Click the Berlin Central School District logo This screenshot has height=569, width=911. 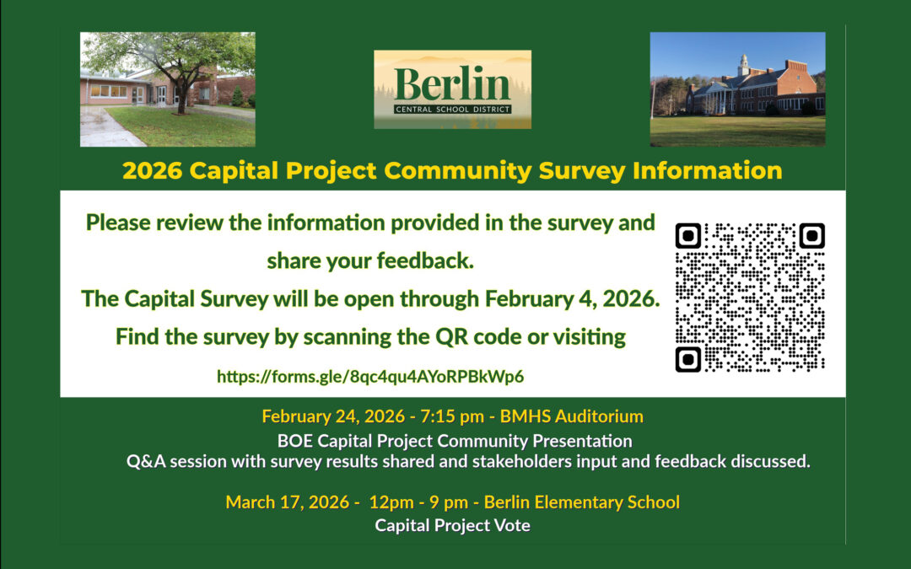tap(452, 89)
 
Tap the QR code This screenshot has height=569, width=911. tap(750, 298)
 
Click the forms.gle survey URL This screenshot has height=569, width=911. tap(370, 376)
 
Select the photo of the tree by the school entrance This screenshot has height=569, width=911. tap(167, 89)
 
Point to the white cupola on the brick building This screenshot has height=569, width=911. tap(743, 65)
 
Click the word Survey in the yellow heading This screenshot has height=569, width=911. tap(574, 171)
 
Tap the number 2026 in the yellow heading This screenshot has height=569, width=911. tap(153, 171)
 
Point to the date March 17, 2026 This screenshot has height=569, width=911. tap(287, 502)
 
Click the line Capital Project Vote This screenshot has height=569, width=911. tap(452, 526)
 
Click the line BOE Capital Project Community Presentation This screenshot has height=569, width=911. tap(455, 440)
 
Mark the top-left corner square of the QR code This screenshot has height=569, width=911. tap(689, 236)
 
